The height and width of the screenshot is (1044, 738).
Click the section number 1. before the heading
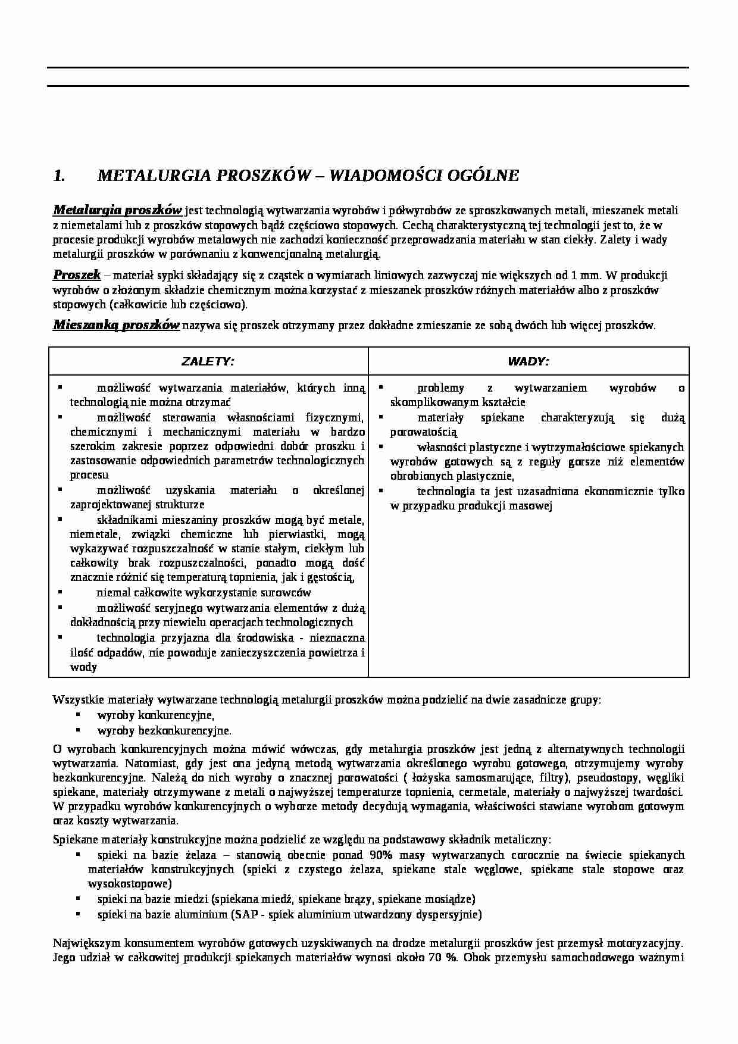[x=59, y=176]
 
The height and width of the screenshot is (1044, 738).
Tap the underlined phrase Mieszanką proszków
[x=116, y=325]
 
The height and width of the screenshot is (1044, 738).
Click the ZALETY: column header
[x=208, y=361]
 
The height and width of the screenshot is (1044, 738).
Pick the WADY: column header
[x=528, y=361]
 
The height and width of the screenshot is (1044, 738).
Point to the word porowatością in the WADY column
[x=423, y=432]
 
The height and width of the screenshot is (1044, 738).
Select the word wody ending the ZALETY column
[x=83, y=667]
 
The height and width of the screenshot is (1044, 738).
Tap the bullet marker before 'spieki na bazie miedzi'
[x=78, y=899]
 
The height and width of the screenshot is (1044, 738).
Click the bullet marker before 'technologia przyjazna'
[x=60, y=637]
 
